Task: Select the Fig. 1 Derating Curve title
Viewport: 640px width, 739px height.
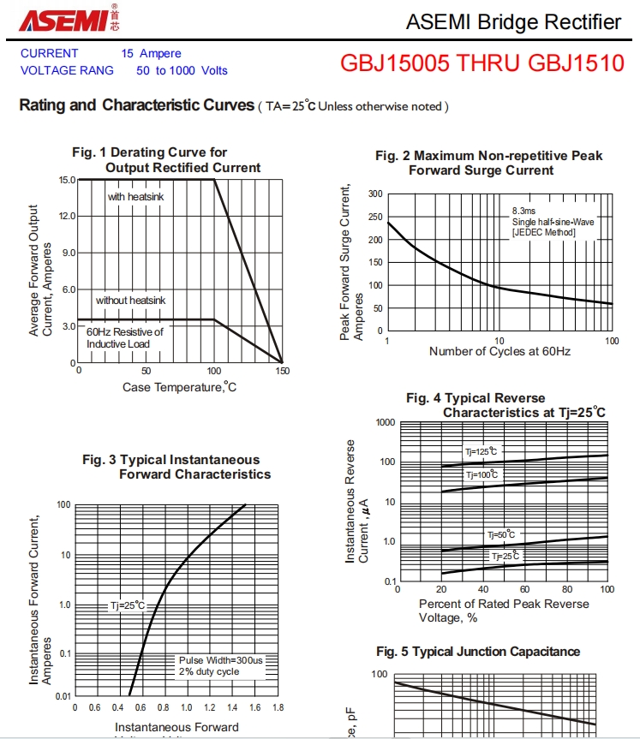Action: (x=149, y=152)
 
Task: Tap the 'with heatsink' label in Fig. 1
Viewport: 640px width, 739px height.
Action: (x=135, y=197)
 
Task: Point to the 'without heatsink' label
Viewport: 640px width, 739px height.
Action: (x=130, y=300)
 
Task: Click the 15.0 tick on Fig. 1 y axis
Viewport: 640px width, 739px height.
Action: (x=66, y=181)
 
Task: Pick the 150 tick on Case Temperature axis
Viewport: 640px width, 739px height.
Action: (x=283, y=371)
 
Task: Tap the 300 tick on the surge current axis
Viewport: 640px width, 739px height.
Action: (x=375, y=194)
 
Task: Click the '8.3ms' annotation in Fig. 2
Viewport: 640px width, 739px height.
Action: (x=523, y=210)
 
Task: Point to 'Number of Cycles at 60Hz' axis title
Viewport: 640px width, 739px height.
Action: (x=499, y=351)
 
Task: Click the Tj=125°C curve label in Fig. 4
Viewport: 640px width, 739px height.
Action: (x=481, y=451)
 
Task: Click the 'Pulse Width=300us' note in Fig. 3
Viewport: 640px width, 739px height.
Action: (x=221, y=660)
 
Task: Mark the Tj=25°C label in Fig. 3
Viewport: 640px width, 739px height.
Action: (x=128, y=605)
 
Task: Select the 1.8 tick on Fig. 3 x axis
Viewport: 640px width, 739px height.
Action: (x=278, y=708)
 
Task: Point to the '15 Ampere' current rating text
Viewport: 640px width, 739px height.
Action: (x=151, y=53)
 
